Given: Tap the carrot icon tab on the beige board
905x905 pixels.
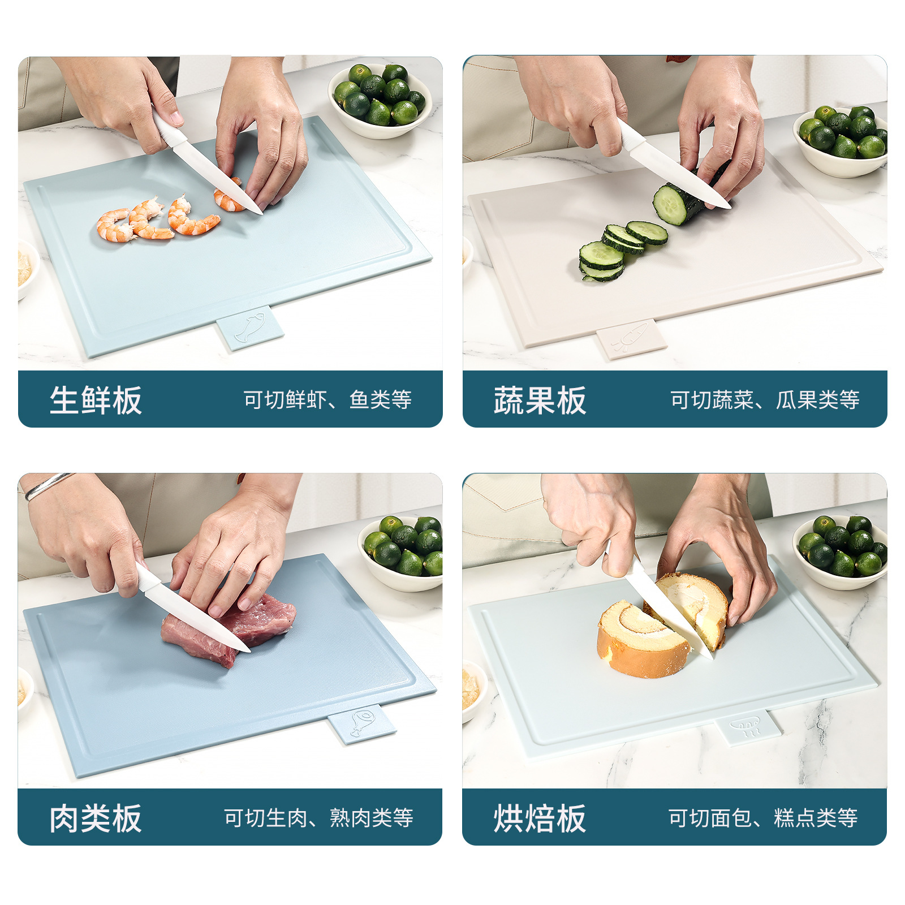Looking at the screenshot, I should (x=631, y=338).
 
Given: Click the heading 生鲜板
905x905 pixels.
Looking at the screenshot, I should (x=96, y=400).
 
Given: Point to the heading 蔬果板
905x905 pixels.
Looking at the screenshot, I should (x=540, y=400).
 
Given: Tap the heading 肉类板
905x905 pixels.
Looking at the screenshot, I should (x=96, y=818).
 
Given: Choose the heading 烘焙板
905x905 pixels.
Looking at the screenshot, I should (x=540, y=818).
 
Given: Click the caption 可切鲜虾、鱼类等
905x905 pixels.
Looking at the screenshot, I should (x=327, y=400).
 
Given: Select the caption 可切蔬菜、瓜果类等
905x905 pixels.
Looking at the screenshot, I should (x=765, y=400).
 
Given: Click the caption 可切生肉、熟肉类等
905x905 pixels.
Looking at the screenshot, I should (x=318, y=818).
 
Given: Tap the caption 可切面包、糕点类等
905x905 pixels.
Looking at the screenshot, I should (x=763, y=818).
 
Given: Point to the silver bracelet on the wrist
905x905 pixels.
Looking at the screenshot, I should (x=48, y=485).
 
